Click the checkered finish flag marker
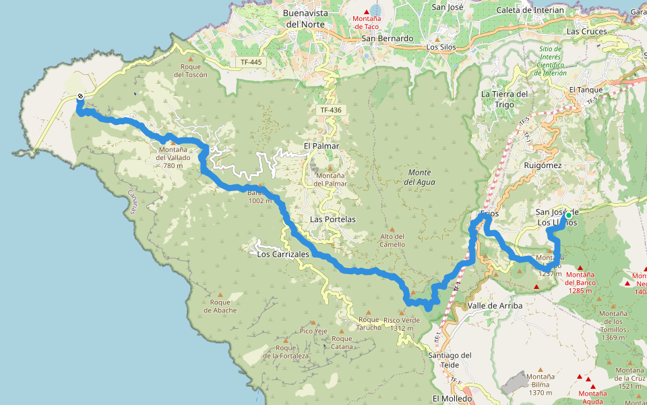[x=80, y=97]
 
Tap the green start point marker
[x=568, y=215]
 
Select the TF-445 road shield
[x=251, y=62]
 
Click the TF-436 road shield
[x=330, y=109]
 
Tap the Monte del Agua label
[x=421, y=177]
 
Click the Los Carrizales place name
[x=283, y=254]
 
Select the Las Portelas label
[x=332, y=219]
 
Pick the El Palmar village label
[x=321, y=145]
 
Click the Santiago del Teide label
[x=450, y=360]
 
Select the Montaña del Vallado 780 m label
[x=173, y=157]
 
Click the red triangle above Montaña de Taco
[x=367, y=11]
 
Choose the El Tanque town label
[x=586, y=89]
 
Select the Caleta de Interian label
[x=529, y=10]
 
